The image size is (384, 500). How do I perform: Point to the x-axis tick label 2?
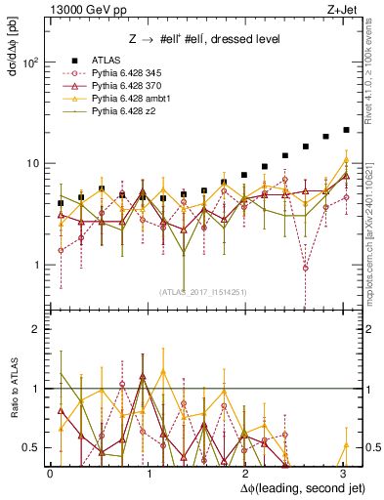point(245,473)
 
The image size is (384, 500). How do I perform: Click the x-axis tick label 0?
point(50,473)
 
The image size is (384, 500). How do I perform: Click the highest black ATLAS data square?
point(346,130)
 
